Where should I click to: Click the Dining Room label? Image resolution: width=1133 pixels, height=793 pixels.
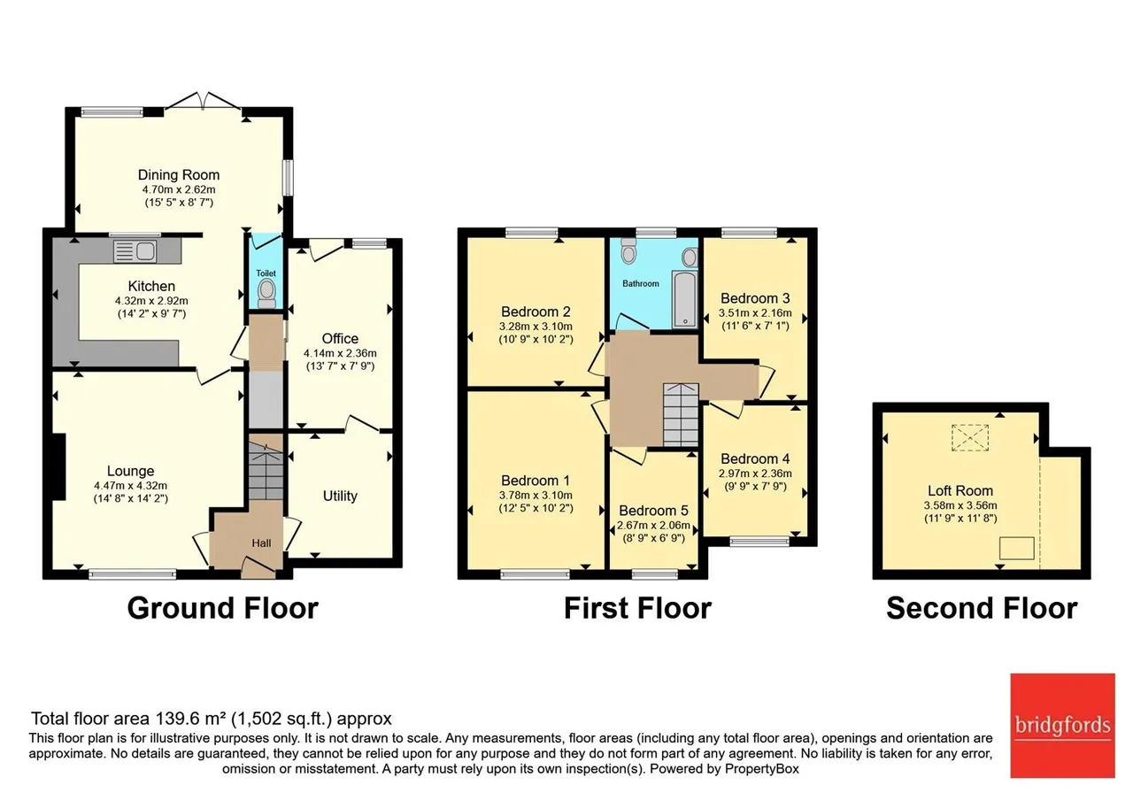point(179,175)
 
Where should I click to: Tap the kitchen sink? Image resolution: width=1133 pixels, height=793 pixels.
point(135,250)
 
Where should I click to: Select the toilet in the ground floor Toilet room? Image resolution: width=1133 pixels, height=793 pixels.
point(266,294)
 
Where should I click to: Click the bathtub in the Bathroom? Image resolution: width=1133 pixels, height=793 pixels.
point(685,298)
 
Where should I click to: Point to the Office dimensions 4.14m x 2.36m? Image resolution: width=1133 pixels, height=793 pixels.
point(340,353)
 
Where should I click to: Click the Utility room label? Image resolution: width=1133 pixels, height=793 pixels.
point(340,496)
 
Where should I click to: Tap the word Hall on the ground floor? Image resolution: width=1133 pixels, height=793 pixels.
point(261,543)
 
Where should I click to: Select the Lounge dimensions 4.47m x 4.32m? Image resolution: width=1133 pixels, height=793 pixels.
point(130,486)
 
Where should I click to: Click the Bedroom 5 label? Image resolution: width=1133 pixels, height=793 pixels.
point(653,511)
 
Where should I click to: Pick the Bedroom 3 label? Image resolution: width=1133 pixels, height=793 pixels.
point(755,298)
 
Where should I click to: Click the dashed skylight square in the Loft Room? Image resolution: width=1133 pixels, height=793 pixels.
point(970,437)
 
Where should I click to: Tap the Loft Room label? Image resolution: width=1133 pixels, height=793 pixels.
point(960,490)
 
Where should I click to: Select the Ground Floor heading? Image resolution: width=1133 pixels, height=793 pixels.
point(222,608)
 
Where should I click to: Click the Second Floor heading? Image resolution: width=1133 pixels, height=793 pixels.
point(982,608)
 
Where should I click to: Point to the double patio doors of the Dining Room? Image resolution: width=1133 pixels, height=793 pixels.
point(203,100)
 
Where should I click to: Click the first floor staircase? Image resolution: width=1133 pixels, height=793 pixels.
point(681,415)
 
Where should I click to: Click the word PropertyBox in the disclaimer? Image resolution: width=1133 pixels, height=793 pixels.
point(762,769)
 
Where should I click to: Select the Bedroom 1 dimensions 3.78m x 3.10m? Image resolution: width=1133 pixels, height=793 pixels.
point(536,495)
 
